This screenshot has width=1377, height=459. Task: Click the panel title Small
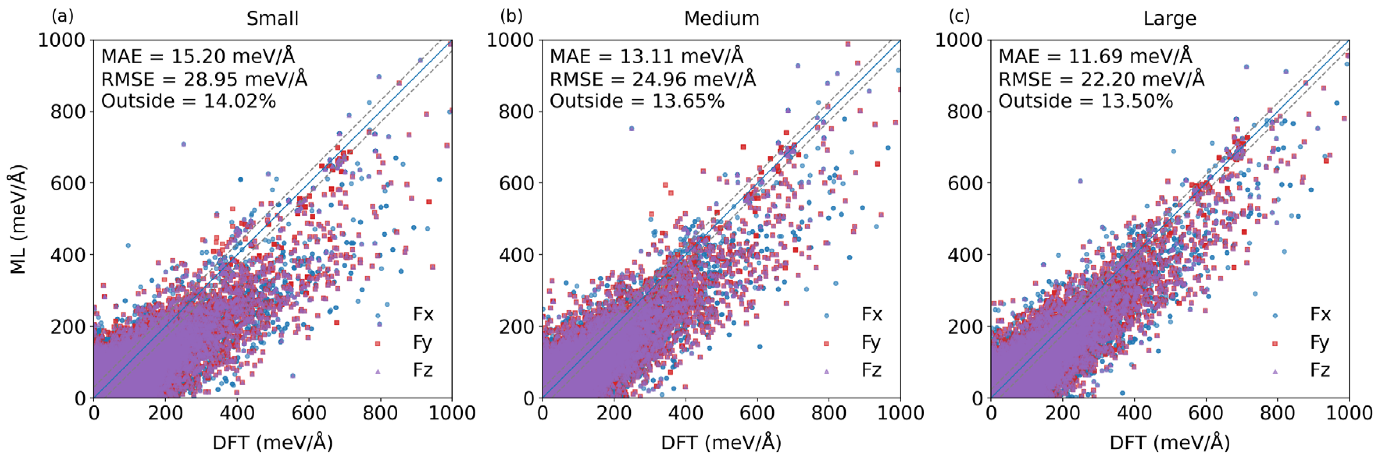(272, 19)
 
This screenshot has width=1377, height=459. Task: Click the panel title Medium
(721, 19)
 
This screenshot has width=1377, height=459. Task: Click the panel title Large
(1170, 19)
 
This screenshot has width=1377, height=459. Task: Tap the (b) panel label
(511, 16)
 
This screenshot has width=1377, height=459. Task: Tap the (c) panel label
(959, 16)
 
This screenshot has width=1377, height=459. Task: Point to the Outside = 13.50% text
(1086, 101)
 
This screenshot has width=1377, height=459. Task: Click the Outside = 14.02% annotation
(188, 101)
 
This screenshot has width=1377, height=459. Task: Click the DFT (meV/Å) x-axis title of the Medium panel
(721, 443)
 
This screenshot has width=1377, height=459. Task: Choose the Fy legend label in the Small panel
(422, 343)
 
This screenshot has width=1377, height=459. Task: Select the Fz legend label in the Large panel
(1320, 370)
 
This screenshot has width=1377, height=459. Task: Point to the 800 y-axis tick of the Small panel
(68, 112)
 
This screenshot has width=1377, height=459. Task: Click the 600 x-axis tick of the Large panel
(1206, 413)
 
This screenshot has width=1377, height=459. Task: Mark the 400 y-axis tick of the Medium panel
(516, 255)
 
